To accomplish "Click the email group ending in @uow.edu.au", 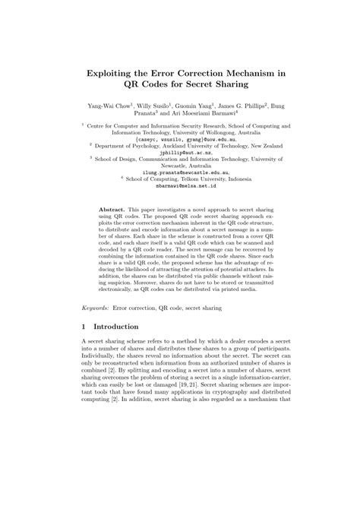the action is pyautogui.click(x=180, y=127).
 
